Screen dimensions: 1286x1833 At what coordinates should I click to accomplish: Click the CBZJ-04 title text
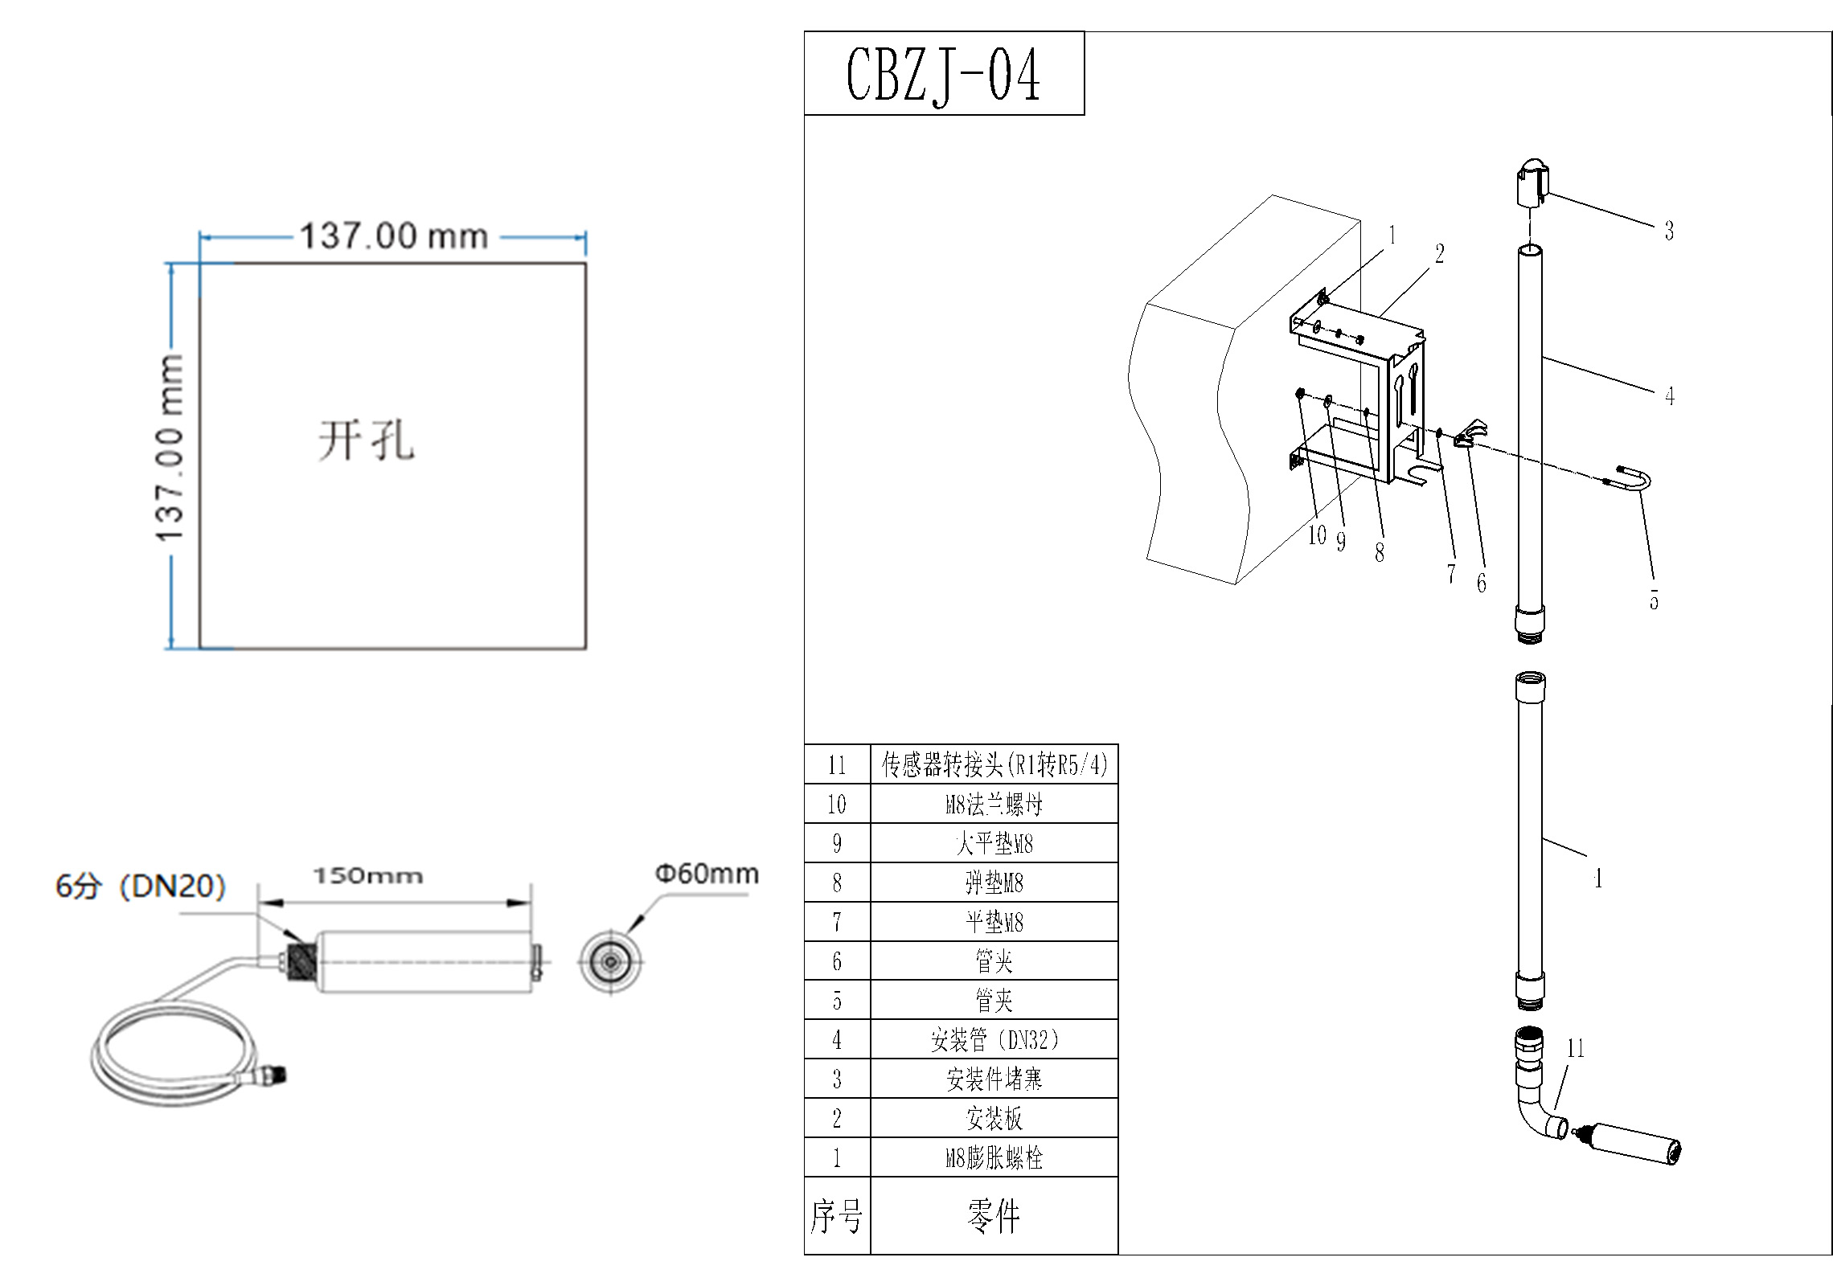[x=943, y=75]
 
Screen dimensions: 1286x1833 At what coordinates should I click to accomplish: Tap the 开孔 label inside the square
[x=367, y=440]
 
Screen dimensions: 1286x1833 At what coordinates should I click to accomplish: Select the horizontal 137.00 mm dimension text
[x=393, y=236]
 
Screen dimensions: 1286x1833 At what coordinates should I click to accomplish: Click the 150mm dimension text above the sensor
[x=368, y=875]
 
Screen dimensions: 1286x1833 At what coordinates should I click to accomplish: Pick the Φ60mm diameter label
[x=707, y=874]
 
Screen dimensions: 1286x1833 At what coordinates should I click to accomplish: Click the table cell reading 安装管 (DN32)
[x=994, y=1039]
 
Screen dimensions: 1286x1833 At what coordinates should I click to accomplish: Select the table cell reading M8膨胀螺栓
[x=994, y=1157]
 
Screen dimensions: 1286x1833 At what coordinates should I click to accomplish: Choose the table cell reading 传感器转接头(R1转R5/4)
[x=994, y=764]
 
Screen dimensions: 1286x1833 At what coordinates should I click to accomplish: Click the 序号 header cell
[x=837, y=1216]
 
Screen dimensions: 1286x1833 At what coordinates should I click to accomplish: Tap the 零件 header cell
[x=994, y=1216]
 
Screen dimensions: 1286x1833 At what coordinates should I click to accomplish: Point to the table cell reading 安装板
[x=994, y=1118]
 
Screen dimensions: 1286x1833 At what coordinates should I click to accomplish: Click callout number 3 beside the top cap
[x=1669, y=231]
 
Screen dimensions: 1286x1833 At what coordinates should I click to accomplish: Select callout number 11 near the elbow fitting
[x=1575, y=1048]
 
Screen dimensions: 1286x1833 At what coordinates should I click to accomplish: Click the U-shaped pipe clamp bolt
[x=1632, y=481]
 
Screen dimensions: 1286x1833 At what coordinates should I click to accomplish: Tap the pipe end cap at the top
[x=1532, y=185]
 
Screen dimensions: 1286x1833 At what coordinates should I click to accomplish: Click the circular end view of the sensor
[x=611, y=961]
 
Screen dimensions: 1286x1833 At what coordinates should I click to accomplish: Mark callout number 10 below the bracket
[x=1316, y=535]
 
